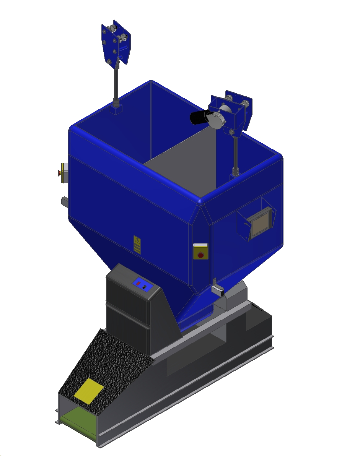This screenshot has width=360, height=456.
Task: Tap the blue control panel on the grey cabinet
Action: point(141,285)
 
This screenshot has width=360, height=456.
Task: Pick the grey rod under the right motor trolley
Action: point(235,153)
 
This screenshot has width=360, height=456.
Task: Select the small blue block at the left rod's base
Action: point(116,110)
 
